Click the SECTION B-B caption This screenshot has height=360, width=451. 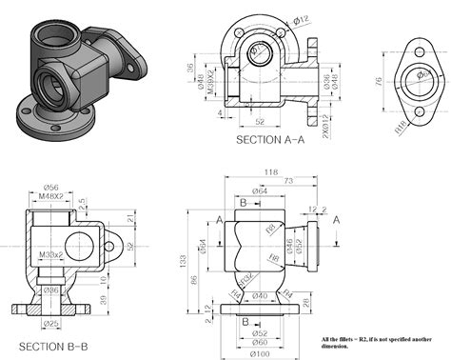(54, 345)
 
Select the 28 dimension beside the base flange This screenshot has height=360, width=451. (306, 303)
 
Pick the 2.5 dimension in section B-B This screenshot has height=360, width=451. (84, 202)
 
